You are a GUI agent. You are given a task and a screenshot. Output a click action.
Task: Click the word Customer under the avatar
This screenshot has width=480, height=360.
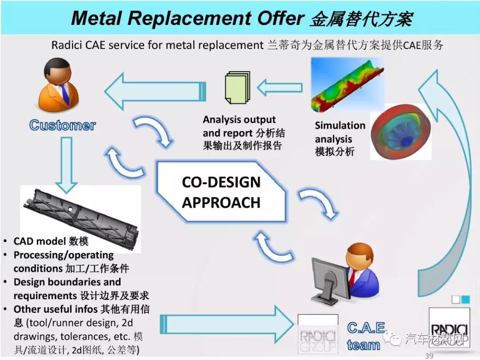click(63, 125)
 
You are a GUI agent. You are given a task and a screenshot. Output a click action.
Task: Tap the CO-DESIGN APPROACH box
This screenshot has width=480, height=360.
click(221, 192)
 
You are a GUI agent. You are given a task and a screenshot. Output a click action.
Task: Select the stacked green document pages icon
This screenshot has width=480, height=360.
click(237, 88)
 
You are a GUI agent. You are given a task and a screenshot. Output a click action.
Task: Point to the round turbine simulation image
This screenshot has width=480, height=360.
click(401, 132)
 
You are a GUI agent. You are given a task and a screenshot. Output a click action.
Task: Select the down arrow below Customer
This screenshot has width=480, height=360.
click(66, 165)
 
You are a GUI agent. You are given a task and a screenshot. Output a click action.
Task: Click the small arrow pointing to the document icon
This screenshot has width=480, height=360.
click(280, 88)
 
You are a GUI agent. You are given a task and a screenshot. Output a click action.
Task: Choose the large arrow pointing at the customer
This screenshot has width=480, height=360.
click(155, 91)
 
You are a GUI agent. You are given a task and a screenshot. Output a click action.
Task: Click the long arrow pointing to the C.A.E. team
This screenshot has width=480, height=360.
click(227, 324)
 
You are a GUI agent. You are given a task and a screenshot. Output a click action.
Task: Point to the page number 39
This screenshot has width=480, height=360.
click(429, 356)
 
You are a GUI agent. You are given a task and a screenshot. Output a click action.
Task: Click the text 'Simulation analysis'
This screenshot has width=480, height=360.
click(340, 132)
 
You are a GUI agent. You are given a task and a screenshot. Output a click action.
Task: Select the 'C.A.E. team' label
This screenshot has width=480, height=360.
click(366, 336)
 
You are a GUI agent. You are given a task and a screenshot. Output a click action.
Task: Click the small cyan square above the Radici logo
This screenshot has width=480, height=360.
click(465, 300)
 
